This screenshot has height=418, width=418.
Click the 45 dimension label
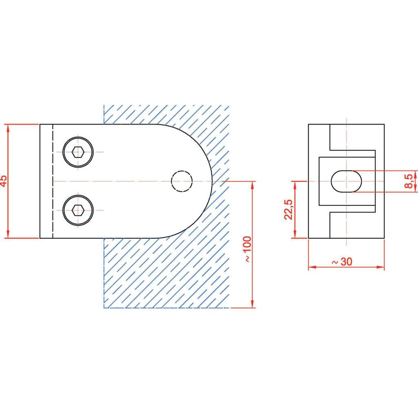(x=4, y=181)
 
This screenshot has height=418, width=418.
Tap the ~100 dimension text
(x=247, y=249)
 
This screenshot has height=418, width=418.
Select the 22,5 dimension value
(x=289, y=209)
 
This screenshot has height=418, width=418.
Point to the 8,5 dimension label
(x=409, y=181)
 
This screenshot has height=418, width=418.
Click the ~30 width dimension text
(x=342, y=262)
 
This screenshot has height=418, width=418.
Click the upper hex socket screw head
(x=78, y=152)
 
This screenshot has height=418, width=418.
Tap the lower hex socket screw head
(x=78, y=210)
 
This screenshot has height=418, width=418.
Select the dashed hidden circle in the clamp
(x=182, y=181)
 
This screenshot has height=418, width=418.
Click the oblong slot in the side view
(x=346, y=181)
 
